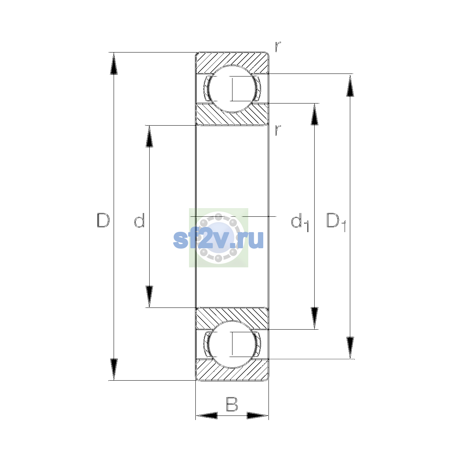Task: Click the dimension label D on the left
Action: coord(103,220)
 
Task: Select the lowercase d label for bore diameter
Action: coord(139,220)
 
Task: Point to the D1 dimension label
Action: coord(336,222)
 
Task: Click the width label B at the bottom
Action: coord(232,404)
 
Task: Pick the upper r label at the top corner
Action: coord(278,46)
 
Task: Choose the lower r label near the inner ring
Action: coord(278,130)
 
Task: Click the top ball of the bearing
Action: coord(232,89)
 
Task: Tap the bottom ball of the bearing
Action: coord(232,345)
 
